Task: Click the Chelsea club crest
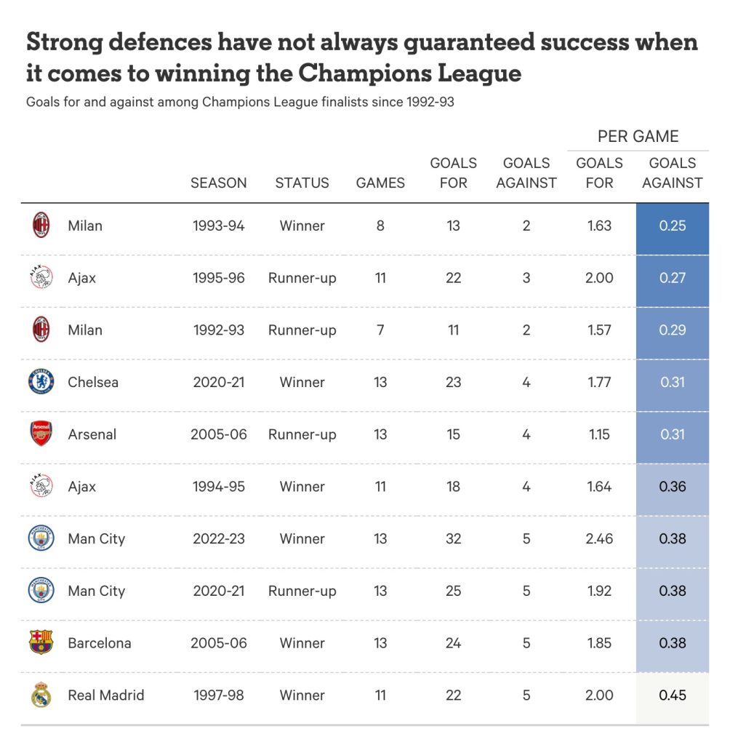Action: click(41, 382)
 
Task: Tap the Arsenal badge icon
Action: click(41, 434)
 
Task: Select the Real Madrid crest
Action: click(41, 695)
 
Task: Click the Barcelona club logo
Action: click(41, 642)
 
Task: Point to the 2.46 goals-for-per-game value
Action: click(599, 539)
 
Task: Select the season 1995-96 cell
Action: click(218, 278)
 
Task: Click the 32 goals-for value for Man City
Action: click(453, 539)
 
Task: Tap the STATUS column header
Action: click(302, 183)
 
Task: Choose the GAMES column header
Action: click(380, 183)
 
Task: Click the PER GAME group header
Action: click(638, 136)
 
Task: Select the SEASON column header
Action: click(218, 183)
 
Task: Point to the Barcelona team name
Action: click(100, 643)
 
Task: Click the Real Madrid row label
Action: click(106, 695)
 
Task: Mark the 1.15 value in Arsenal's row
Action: click(599, 434)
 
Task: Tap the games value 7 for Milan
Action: click(380, 330)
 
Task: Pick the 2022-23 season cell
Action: click(218, 539)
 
